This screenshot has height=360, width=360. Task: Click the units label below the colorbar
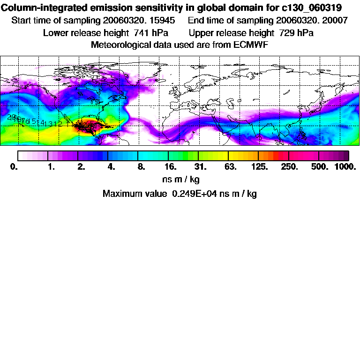click(x=180, y=180)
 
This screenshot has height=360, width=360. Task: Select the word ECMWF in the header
click(x=251, y=45)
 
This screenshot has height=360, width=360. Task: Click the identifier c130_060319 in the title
click(x=315, y=8)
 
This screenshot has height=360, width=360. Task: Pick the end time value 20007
click(x=334, y=21)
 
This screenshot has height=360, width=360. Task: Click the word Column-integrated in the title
click(x=37, y=8)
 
